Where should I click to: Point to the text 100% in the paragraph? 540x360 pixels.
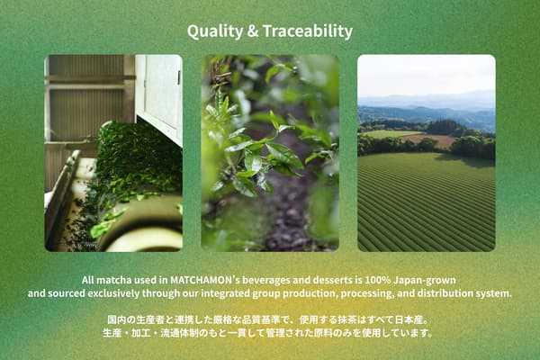click(381, 280)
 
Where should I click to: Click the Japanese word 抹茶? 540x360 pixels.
click(348, 319)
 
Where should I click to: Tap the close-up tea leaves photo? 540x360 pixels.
click(270, 153)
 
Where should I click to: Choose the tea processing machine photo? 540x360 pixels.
click(113, 153)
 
